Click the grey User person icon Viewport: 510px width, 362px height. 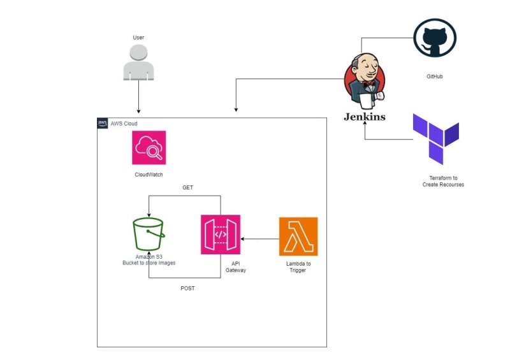point(138,62)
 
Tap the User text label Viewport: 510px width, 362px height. point(138,38)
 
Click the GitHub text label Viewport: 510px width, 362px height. point(435,76)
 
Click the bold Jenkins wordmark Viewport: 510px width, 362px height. point(364,117)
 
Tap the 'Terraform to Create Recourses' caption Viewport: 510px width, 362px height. point(443,181)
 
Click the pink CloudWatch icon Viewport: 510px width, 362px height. point(149,148)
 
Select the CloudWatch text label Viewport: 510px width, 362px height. point(149,173)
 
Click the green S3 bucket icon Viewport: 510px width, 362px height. point(149,235)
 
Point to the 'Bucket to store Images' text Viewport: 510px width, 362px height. point(149,263)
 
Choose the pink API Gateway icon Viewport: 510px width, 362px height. point(221,235)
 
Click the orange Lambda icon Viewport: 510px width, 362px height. point(298,236)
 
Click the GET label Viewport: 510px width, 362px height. point(187,188)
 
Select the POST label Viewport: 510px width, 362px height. point(187,288)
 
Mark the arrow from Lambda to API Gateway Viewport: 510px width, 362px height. point(260,239)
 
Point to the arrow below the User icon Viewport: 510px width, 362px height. point(138,98)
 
